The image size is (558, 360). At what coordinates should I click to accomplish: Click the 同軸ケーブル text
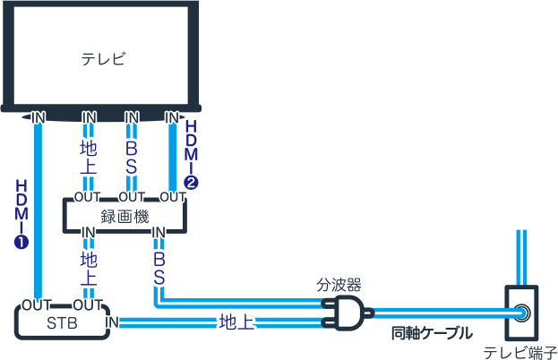tap(432, 334)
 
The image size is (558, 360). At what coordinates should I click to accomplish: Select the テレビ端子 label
tap(519, 352)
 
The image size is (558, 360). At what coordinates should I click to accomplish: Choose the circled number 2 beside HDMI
tap(191, 181)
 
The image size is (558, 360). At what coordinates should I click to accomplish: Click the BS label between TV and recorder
tap(132, 154)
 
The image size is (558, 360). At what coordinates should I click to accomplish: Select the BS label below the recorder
tap(159, 267)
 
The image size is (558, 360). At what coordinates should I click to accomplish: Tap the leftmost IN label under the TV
tap(39, 117)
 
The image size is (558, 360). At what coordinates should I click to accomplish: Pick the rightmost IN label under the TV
tap(172, 117)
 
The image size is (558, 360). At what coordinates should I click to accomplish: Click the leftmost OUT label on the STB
tap(37, 304)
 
